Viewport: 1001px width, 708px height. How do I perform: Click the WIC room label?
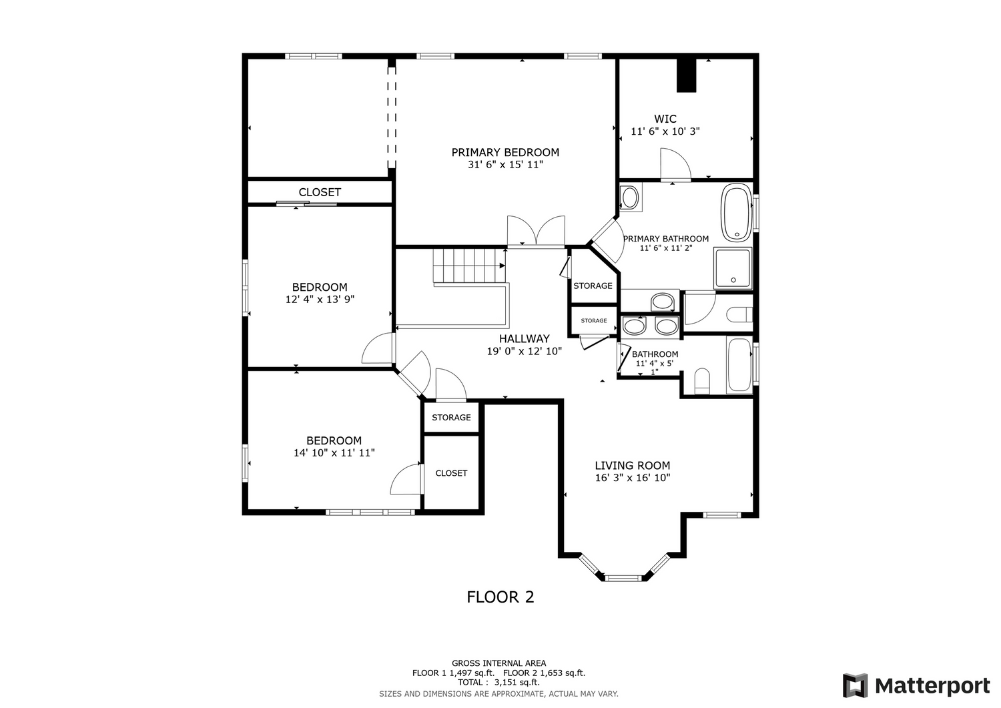point(665,119)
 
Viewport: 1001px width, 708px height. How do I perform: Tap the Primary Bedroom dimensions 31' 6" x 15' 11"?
point(505,165)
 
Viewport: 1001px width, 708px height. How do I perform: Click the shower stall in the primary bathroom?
point(733,268)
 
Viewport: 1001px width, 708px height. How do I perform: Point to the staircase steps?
point(468,266)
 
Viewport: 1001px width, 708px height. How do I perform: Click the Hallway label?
point(524,339)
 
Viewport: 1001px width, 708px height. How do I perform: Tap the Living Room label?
point(633,466)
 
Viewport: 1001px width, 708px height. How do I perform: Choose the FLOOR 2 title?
point(500,597)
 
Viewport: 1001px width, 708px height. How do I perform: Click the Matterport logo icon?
point(856,686)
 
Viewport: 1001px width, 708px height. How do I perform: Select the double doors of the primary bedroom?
point(536,232)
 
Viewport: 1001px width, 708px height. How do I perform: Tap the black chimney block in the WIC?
point(687,75)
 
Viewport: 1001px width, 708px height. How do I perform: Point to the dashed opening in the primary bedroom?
point(392,117)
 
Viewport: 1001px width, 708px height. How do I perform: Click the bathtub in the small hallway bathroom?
point(739,365)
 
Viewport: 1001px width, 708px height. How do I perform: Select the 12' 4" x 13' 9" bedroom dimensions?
point(320,300)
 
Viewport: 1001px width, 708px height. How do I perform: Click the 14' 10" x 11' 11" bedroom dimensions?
point(334,453)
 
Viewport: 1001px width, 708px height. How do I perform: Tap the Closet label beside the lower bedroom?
point(451,473)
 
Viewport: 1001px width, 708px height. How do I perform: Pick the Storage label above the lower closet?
point(451,418)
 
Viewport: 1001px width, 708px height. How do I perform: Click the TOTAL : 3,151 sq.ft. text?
point(498,683)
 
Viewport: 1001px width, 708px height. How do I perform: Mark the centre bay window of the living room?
point(623,579)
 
